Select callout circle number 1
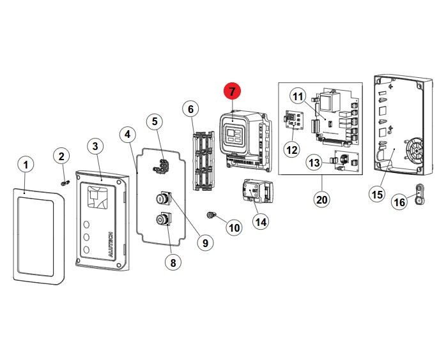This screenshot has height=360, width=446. [x=25, y=165]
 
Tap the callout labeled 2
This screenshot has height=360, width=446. [x=61, y=156]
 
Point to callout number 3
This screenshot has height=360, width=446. [x=95, y=147]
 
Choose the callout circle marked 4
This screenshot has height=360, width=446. [x=128, y=134]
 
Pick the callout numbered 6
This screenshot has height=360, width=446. [x=189, y=109]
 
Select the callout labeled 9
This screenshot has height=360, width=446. [x=204, y=242]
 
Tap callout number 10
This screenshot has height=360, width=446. [x=233, y=227]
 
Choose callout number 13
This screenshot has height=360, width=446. [x=314, y=163]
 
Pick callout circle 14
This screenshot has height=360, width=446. [x=260, y=221]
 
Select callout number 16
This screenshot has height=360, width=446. [x=399, y=202]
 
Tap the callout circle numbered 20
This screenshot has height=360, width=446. [x=321, y=199]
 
